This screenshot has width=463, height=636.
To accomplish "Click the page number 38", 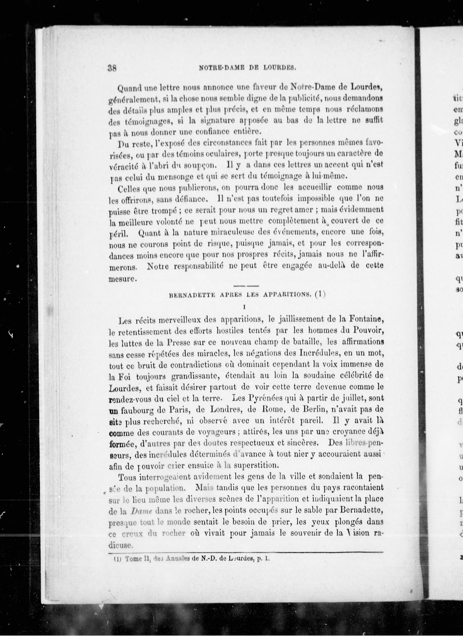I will (x=112, y=68).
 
